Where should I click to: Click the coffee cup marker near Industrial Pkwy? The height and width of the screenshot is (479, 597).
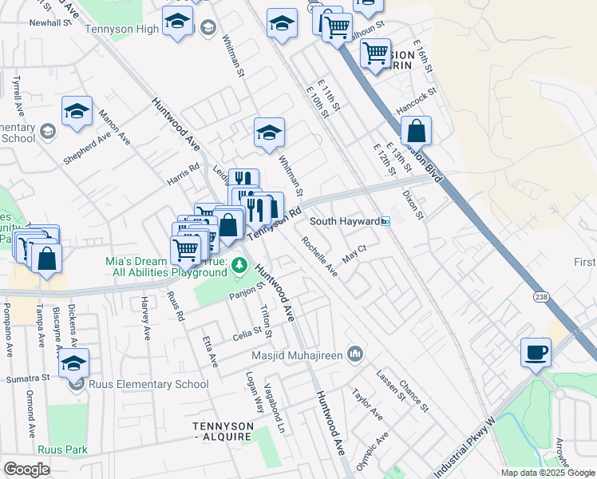tap(536, 352)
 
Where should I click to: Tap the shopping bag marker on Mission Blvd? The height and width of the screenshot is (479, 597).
tap(416, 130)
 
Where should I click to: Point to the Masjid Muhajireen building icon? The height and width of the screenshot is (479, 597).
tap(356, 353)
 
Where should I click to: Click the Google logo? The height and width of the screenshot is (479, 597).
tap(26, 469)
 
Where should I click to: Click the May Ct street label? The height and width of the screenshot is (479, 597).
tap(354, 255)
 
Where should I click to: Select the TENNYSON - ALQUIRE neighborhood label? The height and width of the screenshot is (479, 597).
tap(223, 432)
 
